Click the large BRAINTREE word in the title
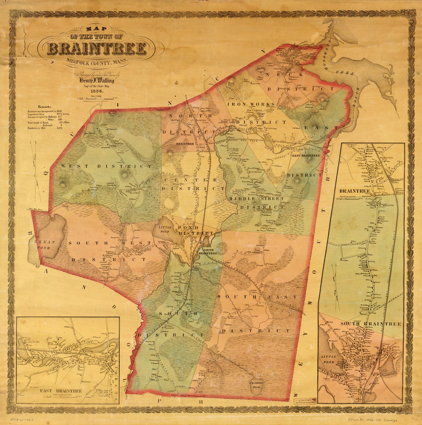96,49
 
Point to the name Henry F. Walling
96,81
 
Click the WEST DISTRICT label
105,166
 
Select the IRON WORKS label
251,104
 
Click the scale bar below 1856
96,99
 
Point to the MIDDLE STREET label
256,199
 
